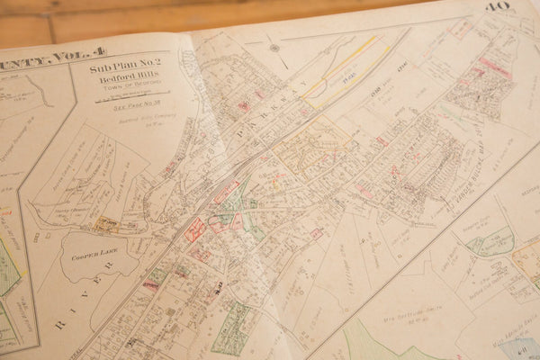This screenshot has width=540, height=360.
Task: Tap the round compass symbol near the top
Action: coord(274,48)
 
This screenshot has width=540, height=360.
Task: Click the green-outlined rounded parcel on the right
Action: coord(486,241)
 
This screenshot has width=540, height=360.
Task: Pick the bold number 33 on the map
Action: coord(219,286)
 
